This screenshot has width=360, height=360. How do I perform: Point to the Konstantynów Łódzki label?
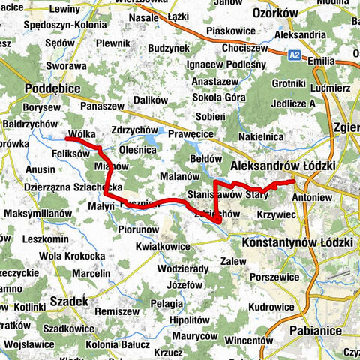298,243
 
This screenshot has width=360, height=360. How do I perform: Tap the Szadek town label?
68,301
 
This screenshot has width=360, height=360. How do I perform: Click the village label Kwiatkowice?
163,246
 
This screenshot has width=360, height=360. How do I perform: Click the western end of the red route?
67,139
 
